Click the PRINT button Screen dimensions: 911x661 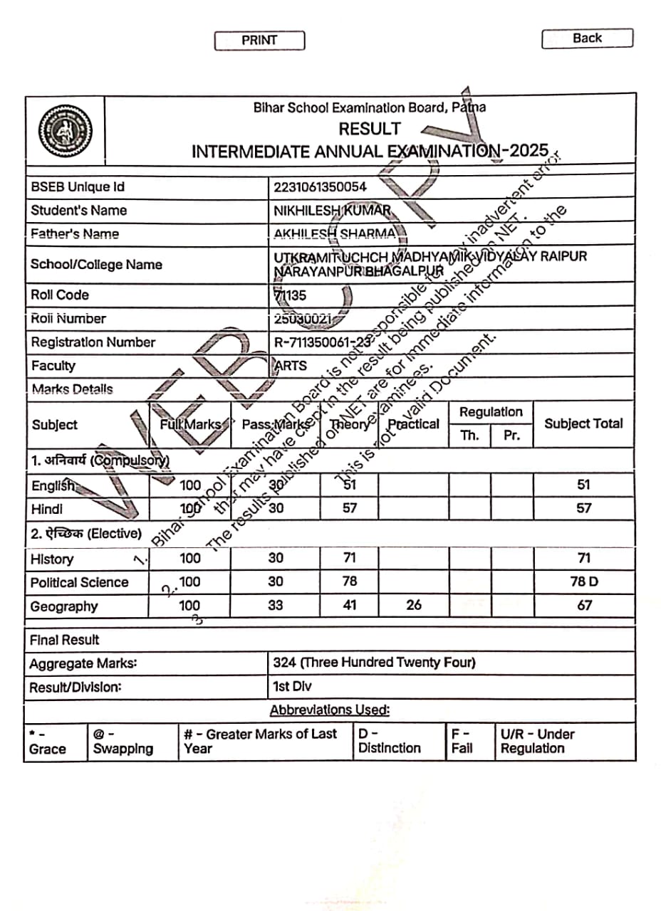[259, 41]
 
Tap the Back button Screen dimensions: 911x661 [587, 38]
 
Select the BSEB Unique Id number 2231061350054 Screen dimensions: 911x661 [320, 187]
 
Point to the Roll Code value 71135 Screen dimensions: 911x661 [290, 295]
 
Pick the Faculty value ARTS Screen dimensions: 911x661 [291, 366]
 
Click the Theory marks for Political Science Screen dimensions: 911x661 [349, 581]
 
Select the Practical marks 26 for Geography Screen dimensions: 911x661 [413, 605]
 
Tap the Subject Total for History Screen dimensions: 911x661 [584, 558]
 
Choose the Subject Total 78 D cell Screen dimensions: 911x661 [584, 581]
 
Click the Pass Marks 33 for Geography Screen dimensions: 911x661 [276, 605]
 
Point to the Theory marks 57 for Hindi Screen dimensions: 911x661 [349, 508]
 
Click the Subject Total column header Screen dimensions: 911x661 [583, 423]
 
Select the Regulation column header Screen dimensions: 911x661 [491, 412]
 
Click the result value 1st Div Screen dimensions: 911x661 [292, 687]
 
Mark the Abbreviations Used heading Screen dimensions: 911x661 [330, 710]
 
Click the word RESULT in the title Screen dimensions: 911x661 [370, 130]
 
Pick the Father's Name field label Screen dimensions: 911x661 [75, 233]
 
